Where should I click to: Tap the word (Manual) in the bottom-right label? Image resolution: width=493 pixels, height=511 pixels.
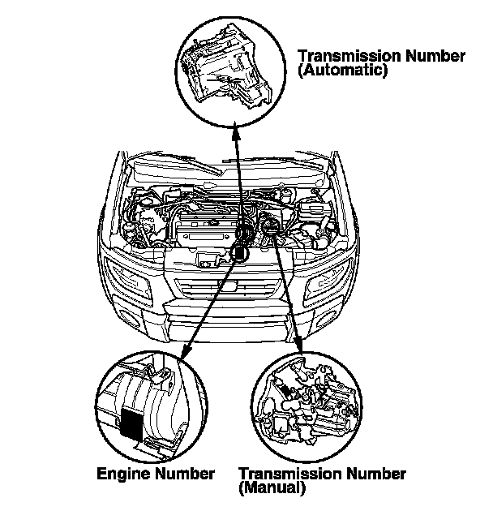272,488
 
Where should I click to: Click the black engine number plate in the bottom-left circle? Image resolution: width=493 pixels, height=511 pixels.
131,422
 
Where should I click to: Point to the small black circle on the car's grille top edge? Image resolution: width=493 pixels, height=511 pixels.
237,252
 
